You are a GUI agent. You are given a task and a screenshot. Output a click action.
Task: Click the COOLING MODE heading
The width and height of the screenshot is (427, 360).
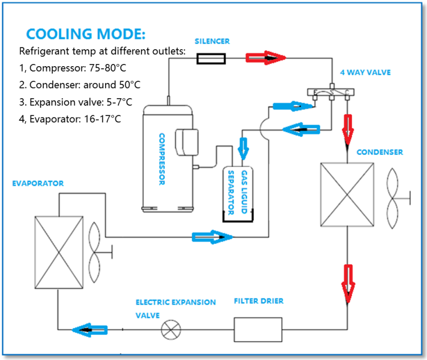[85, 35]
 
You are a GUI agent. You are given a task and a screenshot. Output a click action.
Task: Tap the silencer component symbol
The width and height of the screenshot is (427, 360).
[210, 58]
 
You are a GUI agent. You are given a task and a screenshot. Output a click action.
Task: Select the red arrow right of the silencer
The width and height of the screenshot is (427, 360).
[265, 58]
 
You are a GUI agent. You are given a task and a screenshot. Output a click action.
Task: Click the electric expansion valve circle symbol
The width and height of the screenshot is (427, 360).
[171, 330]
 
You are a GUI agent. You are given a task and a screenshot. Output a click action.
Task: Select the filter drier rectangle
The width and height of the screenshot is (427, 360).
[258, 330]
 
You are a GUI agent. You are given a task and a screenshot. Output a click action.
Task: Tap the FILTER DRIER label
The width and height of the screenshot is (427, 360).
[258, 301]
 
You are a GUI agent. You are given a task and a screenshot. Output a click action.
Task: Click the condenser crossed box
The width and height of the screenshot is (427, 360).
[346, 193]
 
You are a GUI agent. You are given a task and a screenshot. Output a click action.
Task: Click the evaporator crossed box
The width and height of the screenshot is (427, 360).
[59, 251]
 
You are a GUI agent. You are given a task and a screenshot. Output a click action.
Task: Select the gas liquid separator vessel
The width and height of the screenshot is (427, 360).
[237, 193]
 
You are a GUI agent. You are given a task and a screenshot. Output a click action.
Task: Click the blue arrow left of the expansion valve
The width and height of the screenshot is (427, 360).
[90, 330]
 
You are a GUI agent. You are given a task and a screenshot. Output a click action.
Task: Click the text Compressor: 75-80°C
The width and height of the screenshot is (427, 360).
[75, 68]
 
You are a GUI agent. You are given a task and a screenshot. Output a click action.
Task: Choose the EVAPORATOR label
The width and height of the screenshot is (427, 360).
[37, 183]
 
